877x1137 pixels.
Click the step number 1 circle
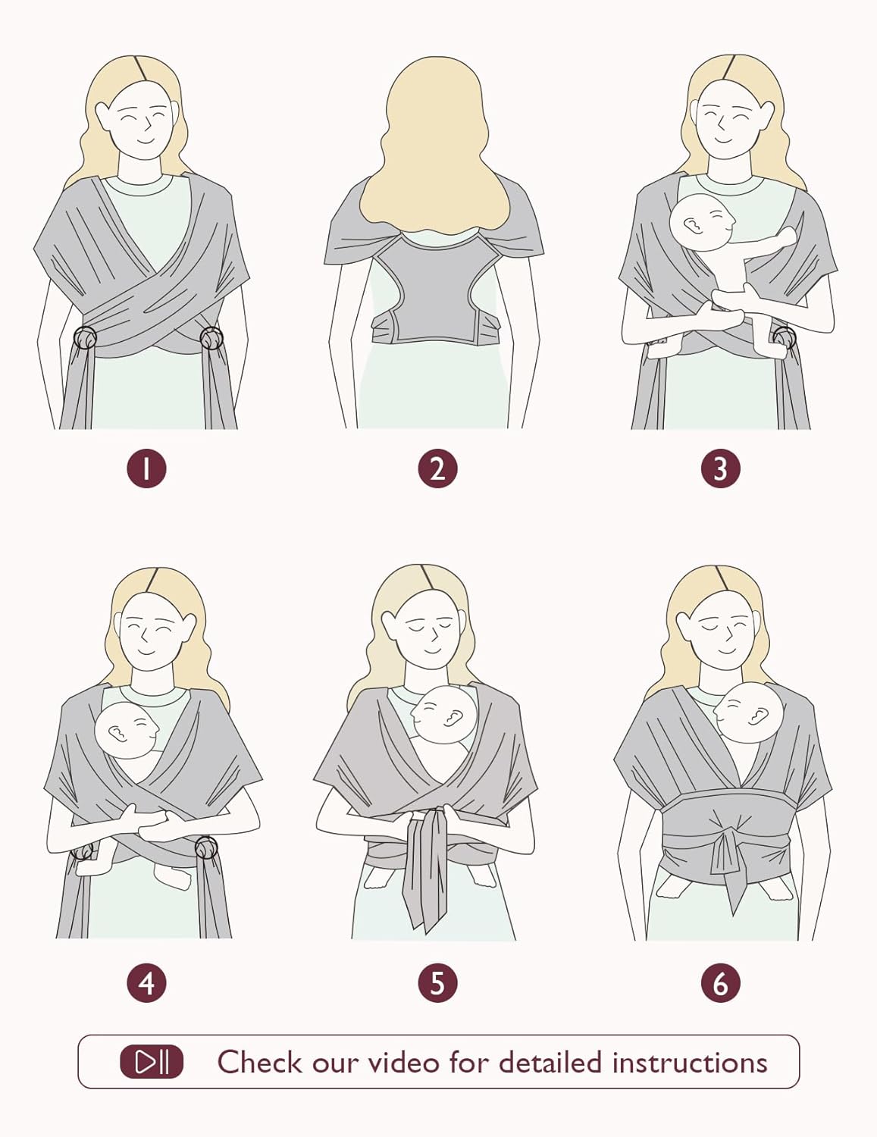tap(146, 468)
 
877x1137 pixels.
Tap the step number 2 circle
tap(437, 468)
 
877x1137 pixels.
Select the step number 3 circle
tap(721, 468)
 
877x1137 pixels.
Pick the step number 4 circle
tap(146, 982)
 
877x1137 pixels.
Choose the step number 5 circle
tap(437, 982)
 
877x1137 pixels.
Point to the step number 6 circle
tap(721, 982)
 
